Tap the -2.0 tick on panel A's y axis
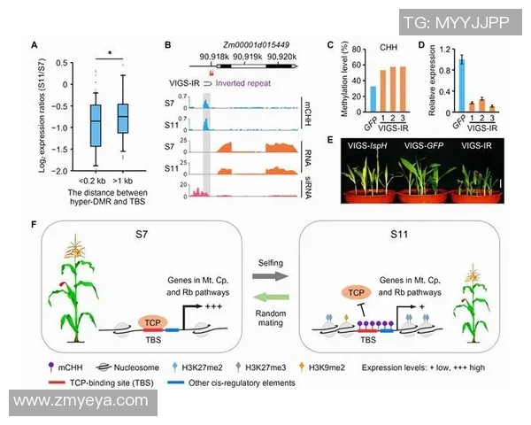[58, 170]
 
